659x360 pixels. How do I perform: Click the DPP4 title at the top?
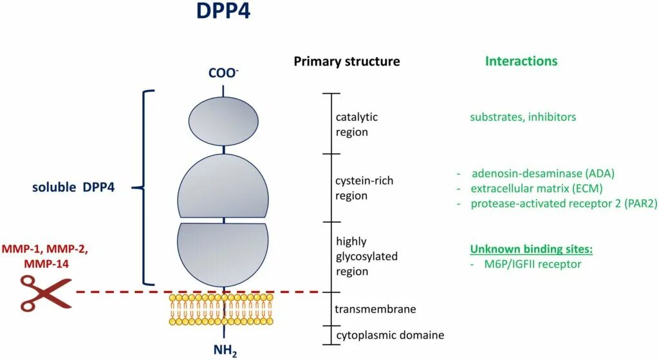tap(223, 12)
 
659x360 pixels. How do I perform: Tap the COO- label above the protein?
tap(223, 73)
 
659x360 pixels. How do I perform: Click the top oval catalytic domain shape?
tap(223, 121)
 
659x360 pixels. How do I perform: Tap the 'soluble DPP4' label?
tap(73, 188)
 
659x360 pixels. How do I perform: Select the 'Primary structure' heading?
tap(347, 62)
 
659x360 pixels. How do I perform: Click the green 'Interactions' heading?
tap(521, 62)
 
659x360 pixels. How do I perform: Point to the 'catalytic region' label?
tap(357, 124)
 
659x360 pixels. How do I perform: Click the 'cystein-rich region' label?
tap(364, 188)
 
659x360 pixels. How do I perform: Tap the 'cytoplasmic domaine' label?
tap(390, 335)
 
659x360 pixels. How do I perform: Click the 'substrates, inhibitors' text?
tap(523, 117)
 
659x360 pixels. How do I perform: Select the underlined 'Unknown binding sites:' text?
tap(531, 249)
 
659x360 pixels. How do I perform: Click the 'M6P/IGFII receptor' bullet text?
tap(535, 263)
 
